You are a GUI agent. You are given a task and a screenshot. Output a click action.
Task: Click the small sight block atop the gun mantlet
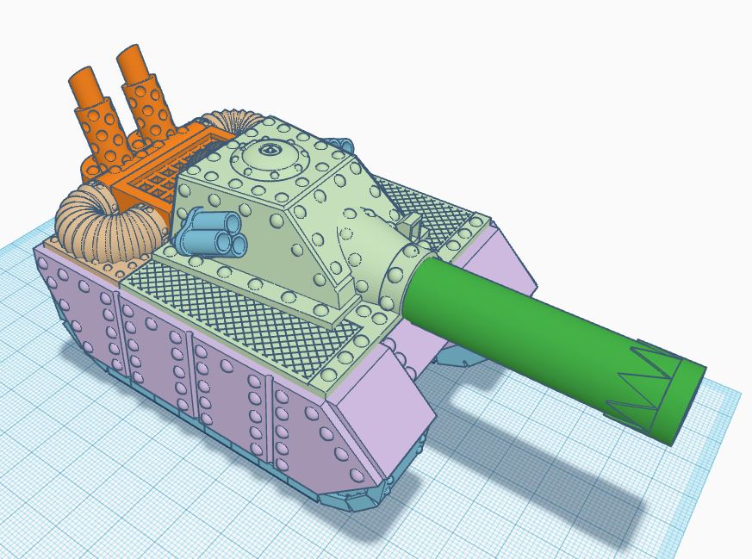pyautogui.click(x=411, y=227)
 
